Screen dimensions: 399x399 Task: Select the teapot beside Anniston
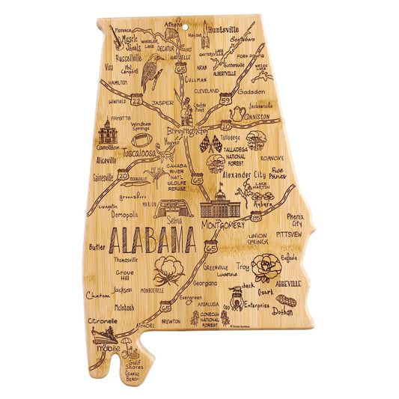pyautogui.click(x=238, y=114)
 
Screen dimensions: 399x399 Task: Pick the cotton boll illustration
pyautogui.click(x=169, y=269)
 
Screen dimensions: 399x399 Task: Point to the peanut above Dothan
pyautogui.click(x=285, y=301)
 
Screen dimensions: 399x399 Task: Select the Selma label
pyautogui.click(x=174, y=222)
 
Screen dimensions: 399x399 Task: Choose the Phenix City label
pyautogui.click(x=295, y=219)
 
